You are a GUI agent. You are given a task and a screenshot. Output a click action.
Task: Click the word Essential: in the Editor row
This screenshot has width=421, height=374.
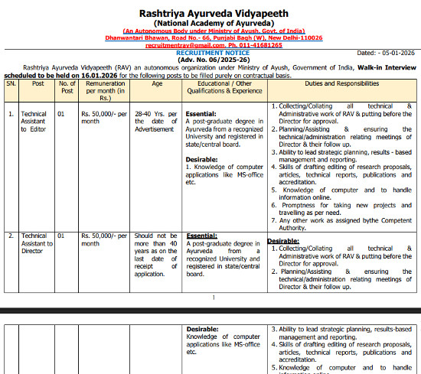(201, 113)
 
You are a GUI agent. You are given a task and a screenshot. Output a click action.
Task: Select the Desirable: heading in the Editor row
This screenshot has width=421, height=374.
(203, 159)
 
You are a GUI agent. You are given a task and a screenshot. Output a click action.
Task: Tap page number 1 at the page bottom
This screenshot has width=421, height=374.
(214, 297)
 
